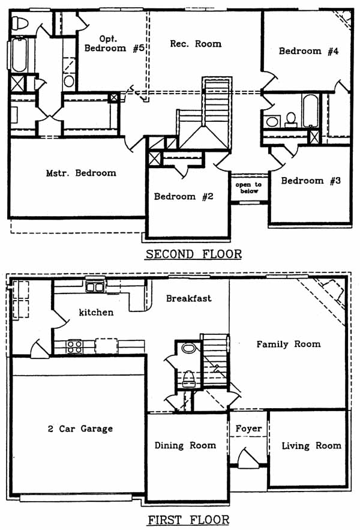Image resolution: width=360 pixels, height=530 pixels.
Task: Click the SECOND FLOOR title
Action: pos(194,254)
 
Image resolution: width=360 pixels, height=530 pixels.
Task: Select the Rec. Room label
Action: pos(196,43)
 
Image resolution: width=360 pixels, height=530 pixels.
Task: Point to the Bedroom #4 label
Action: pos(309,51)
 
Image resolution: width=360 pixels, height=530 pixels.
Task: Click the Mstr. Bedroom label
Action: pos(81,173)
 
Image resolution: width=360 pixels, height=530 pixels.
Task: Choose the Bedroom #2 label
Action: pos(184,196)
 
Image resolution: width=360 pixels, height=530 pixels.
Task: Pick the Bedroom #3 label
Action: pos(311,181)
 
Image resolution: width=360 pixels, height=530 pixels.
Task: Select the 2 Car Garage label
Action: pos(80,429)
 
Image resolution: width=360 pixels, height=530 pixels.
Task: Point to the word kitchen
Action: pos(96,312)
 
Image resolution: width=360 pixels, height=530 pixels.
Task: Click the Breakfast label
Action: pos(188,298)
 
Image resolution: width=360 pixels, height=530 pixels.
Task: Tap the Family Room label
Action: pos(288,344)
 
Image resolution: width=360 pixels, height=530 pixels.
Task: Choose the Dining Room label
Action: pos(185,445)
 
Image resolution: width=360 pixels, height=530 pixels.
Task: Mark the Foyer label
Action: pos(248,429)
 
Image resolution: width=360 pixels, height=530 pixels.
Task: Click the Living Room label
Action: pos(311,445)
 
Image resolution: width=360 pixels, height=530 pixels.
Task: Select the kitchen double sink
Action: pos(94,286)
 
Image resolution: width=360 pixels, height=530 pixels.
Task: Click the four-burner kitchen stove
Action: pos(74,346)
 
